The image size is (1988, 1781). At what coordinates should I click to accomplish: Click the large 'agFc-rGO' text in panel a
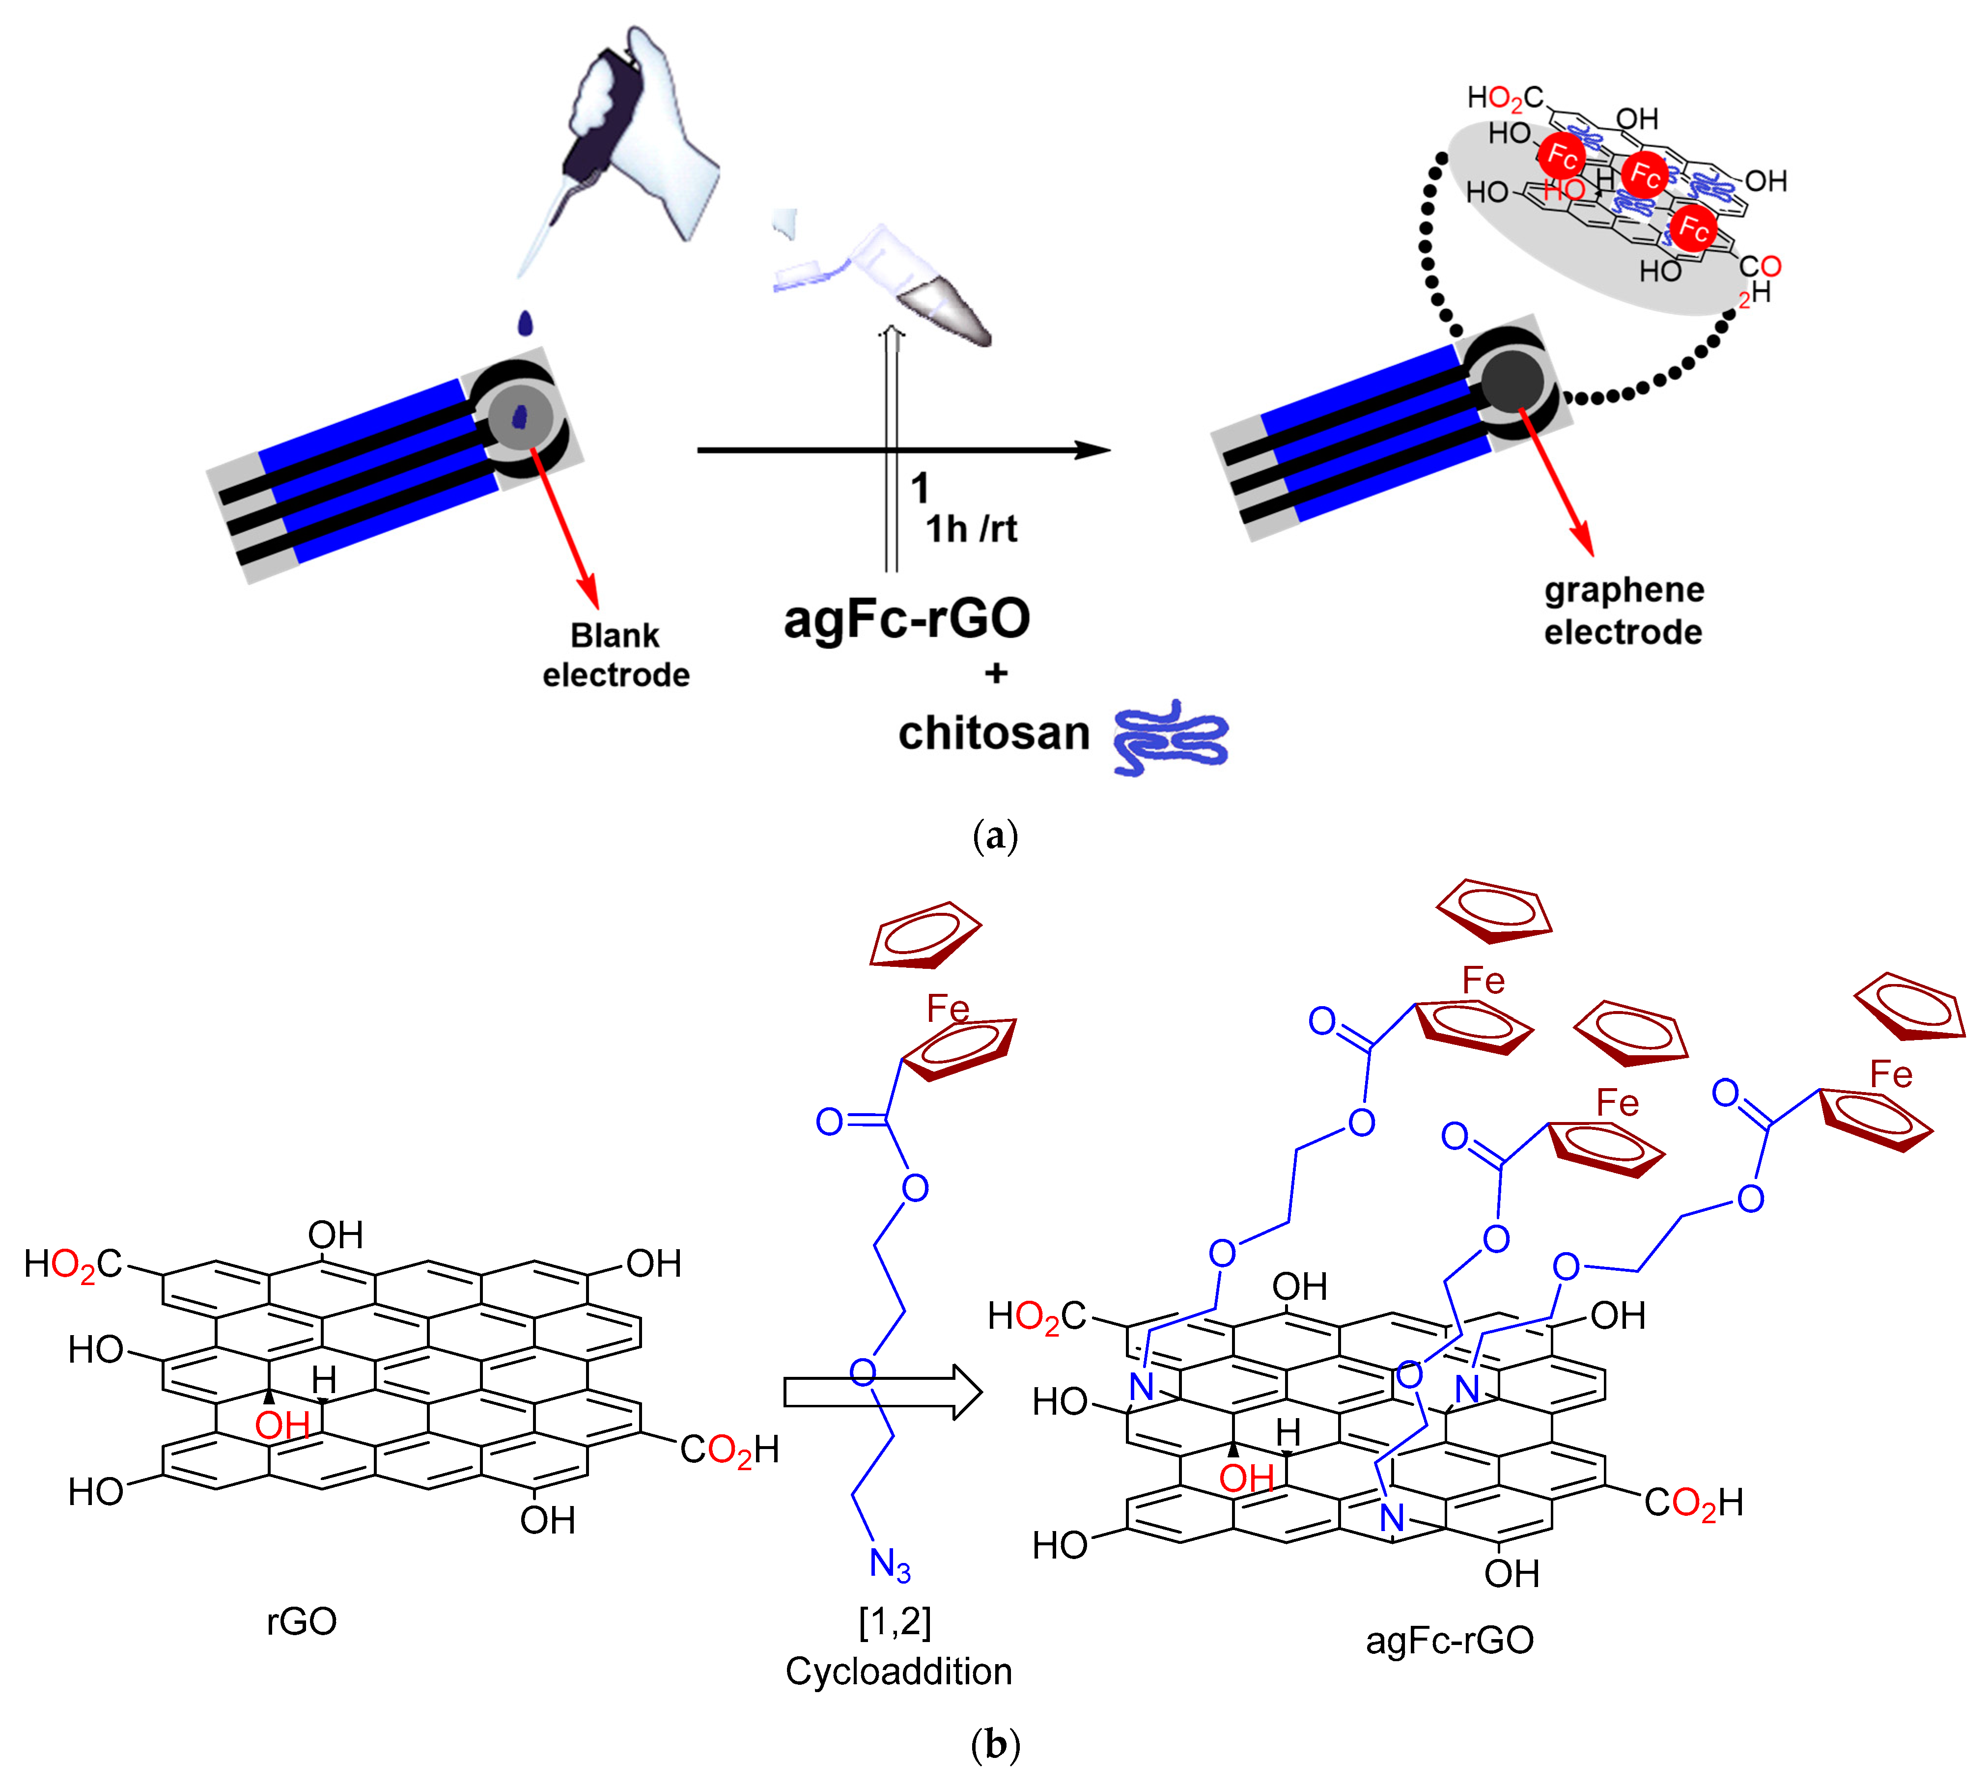click(x=906, y=618)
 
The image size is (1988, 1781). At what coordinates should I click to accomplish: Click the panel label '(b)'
click(x=994, y=1745)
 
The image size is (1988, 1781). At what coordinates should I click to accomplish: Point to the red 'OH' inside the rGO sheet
click(x=282, y=1425)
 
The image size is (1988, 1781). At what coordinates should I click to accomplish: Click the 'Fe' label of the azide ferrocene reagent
click(x=947, y=1009)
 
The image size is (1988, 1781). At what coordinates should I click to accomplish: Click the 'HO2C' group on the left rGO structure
click(x=73, y=1264)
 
